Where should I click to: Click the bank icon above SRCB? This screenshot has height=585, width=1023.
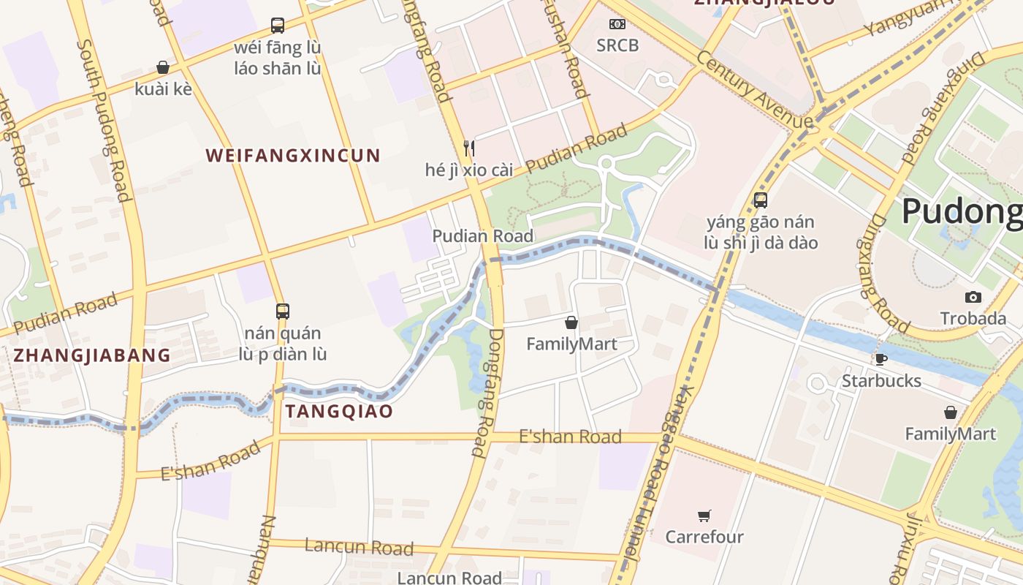tap(617, 24)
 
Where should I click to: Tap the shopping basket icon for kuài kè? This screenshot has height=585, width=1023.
tap(163, 67)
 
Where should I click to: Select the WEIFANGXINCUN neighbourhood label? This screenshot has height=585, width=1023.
tap(293, 155)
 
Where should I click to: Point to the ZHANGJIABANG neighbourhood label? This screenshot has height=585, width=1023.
tap(92, 355)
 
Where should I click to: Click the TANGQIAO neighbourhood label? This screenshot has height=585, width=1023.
tap(339, 411)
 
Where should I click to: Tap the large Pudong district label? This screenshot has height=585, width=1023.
tap(962, 211)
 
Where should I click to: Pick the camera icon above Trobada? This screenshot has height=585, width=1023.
tap(973, 297)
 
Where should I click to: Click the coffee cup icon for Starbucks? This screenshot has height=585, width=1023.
tap(881, 359)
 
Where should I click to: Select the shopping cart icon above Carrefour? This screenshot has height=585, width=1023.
tap(704, 516)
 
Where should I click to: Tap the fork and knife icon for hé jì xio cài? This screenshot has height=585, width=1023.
tap(469, 148)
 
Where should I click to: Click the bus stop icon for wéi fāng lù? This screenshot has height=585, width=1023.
tap(278, 26)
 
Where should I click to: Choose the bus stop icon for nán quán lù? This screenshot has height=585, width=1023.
tap(283, 311)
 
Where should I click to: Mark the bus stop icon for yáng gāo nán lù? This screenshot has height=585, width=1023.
tap(761, 200)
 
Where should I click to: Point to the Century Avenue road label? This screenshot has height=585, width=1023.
tap(755, 89)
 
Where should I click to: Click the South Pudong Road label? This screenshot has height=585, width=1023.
tap(104, 121)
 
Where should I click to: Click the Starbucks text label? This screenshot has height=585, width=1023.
tap(881, 381)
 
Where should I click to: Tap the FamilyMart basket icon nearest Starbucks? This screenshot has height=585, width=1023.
tap(951, 412)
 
